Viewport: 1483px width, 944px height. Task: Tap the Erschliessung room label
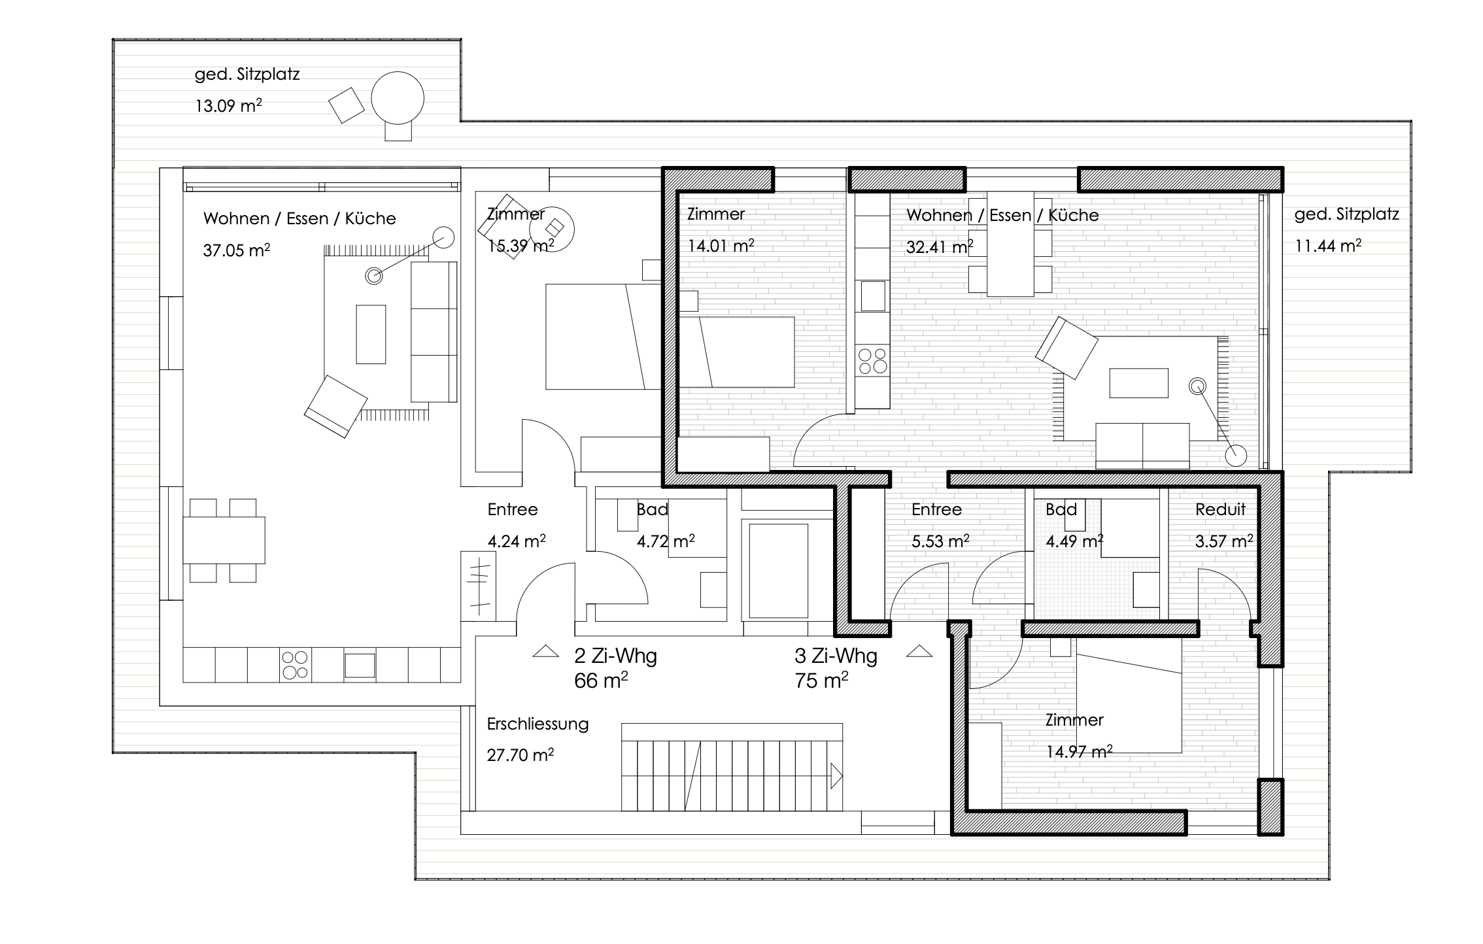point(537,724)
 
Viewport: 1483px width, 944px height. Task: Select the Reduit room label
point(1220,509)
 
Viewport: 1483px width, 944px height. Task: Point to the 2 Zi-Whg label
point(615,655)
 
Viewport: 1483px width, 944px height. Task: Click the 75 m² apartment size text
point(821,681)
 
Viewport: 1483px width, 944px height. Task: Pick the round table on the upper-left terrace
point(398,99)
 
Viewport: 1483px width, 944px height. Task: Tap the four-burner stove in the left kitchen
point(295,665)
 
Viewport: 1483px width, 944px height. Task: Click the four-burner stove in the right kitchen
point(872,361)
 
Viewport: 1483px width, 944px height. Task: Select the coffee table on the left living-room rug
point(371,334)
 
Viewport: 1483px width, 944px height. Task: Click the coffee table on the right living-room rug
point(1138,383)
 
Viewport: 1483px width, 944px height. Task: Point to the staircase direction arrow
point(836,776)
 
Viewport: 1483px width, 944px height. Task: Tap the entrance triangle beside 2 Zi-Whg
point(545,651)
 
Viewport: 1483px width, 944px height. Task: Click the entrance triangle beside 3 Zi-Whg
point(919,651)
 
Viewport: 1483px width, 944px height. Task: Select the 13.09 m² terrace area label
point(228,105)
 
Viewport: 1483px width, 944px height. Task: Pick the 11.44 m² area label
point(1328,245)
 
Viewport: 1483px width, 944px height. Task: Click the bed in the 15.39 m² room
point(603,337)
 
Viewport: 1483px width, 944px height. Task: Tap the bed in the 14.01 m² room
point(737,352)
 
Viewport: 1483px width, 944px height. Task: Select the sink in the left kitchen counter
point(360,666)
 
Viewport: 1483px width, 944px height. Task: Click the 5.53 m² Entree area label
point(940,541)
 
